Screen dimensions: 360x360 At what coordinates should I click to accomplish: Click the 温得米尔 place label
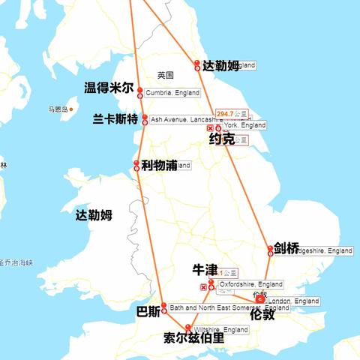click(109, 88)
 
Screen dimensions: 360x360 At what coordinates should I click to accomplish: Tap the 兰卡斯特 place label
click(115, 119)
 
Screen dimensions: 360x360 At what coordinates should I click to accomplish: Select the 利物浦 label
click(158, 165)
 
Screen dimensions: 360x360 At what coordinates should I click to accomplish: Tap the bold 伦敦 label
click(262, 314)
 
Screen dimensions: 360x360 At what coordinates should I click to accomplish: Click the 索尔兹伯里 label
click(193, 338)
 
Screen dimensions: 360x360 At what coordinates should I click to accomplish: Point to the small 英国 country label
click(166, 75)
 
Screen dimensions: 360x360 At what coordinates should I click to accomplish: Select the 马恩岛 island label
click(58, 109)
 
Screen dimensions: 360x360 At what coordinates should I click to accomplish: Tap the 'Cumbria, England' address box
click(172, 93)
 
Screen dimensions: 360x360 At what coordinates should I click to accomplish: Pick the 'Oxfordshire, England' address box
click(250, 285)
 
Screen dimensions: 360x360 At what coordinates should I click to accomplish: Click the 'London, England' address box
click(292, 301)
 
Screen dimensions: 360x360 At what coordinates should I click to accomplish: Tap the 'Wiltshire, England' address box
click(220, 330)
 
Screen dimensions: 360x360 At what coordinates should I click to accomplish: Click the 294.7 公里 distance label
click(232, 114)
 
